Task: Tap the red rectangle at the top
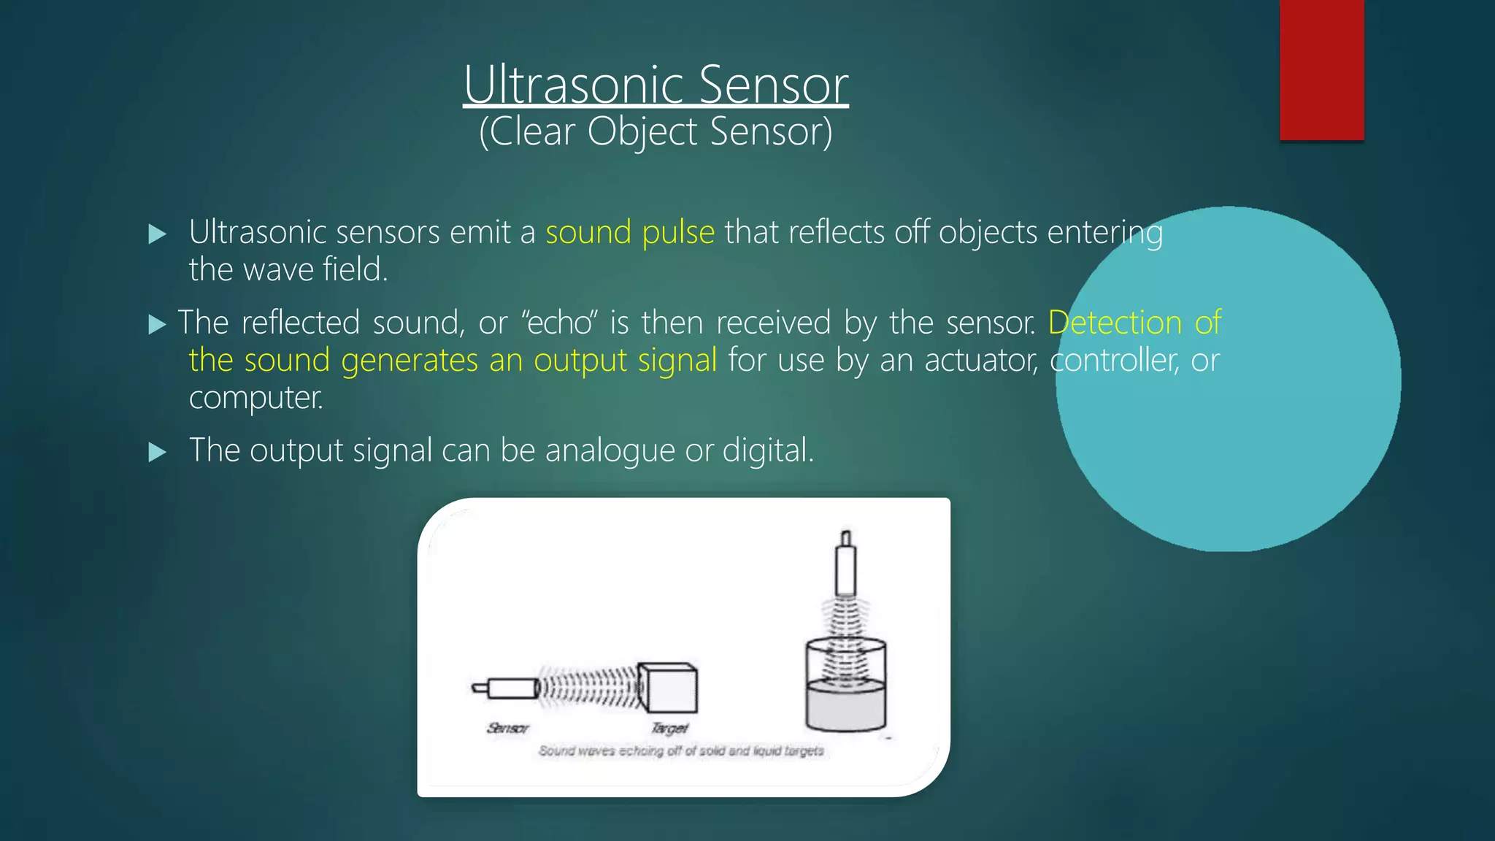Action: pyautogui.click(x=1321, y=69)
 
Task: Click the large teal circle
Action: pyautogui.click(x=1241, y=438)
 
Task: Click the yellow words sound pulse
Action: pyautogui.click(x=630, y=232)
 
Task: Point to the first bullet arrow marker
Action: pyautogui.click(x=157, y=234)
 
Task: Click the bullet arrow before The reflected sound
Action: pyautogui.click(x=157, y=324)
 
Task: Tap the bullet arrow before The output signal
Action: pyautogui.click(x=157, y=452)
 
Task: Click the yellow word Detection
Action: pyautogui.click(x=1115, y=323)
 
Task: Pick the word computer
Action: pyautogui.click(x=255, y=398)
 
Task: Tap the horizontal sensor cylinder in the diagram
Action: pyautogui.click(x=510, y=688)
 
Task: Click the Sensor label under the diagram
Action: pyautogui.click(x=507, y=728)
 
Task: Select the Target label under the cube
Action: pyautogui.click(x=669, y=728)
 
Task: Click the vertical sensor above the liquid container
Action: pyautogui.click(x=845, y=566)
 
